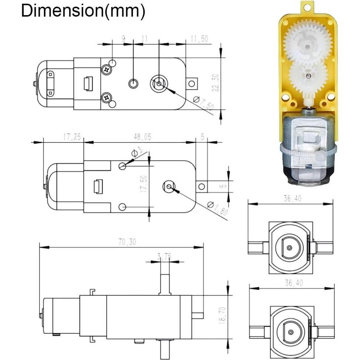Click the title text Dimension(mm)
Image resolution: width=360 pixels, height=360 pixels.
(x=83, y=11)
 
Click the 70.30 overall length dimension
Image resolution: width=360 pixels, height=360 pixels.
(x=128, y=242)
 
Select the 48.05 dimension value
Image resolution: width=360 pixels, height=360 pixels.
(x=142, y=137)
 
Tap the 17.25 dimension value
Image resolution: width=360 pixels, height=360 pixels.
(x=72, y=137)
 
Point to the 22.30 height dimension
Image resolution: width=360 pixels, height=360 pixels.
(x=216, y=83)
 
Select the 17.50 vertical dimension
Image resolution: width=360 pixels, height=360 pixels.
(x=144, y=184)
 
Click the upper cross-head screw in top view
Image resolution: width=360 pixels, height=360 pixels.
(x=107, y=69)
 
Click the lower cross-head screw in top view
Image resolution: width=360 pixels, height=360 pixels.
(x=107, y=97)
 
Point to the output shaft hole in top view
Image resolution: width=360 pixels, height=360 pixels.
(x=159, y=84)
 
